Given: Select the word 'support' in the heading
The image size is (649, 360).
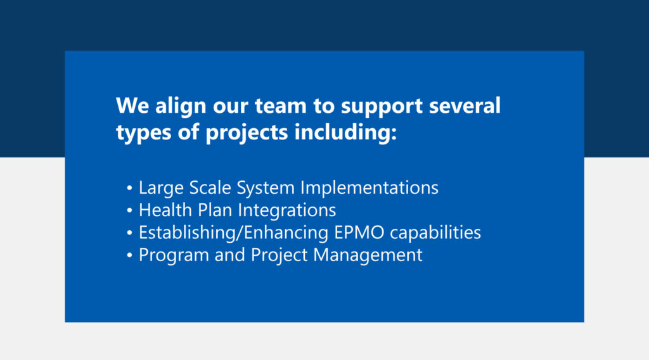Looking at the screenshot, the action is coord(382,107).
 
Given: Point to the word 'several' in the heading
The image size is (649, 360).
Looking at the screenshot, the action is coord(465,105).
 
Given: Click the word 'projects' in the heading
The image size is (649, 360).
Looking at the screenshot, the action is coord(247,133).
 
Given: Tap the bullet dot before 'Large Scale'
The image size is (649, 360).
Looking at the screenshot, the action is coord(129,188).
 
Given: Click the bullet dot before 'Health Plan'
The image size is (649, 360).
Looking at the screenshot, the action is coord(129,210).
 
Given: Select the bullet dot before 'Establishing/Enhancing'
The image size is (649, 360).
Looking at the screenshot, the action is coord(129,233).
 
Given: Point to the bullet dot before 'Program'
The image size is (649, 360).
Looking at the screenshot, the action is coord(129,255).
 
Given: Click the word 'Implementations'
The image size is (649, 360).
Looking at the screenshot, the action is coord(369,188).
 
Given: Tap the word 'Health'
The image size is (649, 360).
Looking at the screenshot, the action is coord(165,210).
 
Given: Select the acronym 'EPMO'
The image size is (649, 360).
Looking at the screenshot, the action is coord(359,233).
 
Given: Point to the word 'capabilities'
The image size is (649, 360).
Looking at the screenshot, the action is coord(435,233).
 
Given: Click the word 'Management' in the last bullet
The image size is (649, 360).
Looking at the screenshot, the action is coord(368,255).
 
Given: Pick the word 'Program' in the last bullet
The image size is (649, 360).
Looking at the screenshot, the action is coord(174,255).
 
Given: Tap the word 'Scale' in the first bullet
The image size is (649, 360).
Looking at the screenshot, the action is coord(210,188).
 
